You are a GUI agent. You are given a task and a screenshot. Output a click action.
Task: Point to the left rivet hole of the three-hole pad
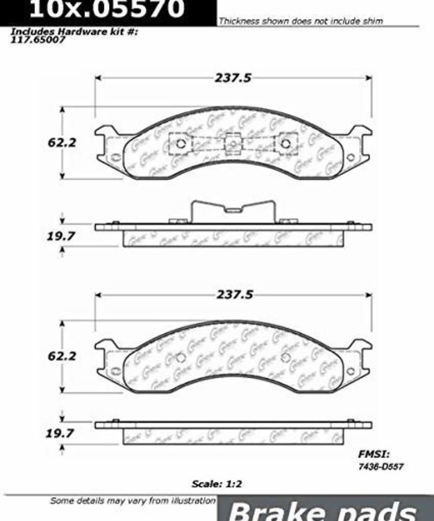(x=180, y=144)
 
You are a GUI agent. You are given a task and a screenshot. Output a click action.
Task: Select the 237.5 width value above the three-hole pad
(x=233, y=78)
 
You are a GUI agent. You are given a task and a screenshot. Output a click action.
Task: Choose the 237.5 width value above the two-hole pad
(x=233, y=295)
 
